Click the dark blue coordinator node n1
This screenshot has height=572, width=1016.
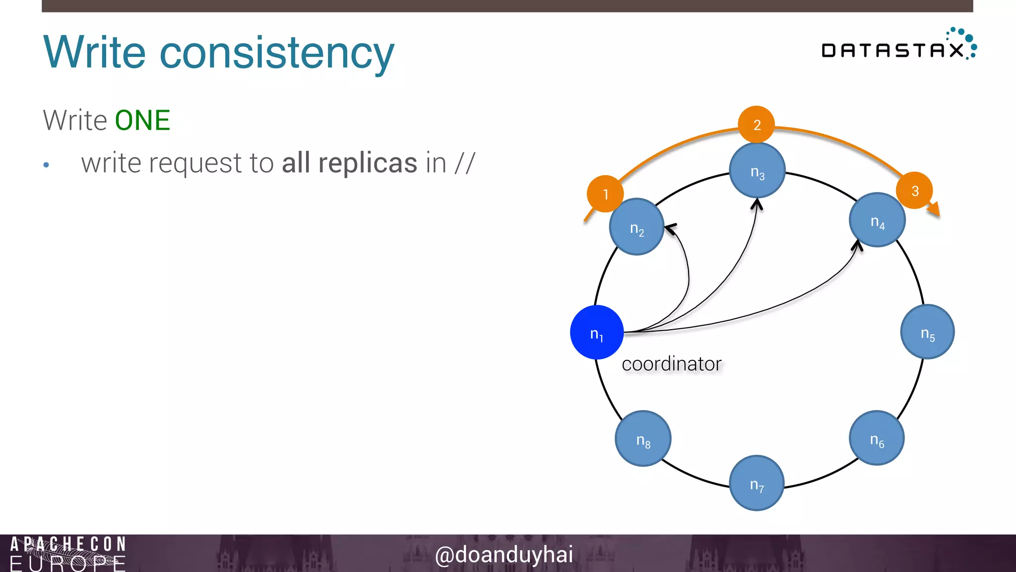596,332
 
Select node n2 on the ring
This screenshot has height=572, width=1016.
636,227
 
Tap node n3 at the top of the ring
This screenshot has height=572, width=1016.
757,170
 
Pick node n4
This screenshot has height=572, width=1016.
877,220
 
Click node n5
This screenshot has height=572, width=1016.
927,332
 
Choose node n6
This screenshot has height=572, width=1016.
877,438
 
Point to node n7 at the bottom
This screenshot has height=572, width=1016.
757,483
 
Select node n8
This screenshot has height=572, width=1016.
643,438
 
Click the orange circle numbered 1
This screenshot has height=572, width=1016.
605,194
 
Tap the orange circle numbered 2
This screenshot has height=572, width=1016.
757,124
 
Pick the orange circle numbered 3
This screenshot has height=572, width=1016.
914,191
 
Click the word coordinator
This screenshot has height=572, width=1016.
671,364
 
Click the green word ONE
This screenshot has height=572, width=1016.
142,121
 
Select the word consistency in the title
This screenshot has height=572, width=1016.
277,53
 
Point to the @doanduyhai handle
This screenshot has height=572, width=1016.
504,555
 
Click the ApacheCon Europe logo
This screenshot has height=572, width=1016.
68,553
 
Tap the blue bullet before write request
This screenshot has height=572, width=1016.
46,165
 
